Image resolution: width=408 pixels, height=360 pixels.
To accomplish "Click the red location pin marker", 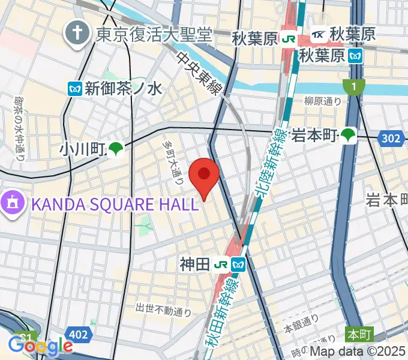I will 204,176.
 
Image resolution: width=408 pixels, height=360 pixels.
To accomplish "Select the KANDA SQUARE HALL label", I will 115,204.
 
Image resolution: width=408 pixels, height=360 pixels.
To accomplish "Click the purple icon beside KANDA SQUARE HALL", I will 12,204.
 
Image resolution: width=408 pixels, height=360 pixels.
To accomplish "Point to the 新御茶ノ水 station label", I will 124,89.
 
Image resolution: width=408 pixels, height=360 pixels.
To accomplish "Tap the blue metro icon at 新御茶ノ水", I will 75,89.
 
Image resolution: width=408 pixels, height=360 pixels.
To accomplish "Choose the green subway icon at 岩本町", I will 348,136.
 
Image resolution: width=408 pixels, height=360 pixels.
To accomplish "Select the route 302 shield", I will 390,139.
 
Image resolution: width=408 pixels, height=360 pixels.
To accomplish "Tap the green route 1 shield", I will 354,88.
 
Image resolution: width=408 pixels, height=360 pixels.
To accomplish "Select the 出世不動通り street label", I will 163,310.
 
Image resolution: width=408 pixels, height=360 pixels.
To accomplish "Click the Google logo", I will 40,346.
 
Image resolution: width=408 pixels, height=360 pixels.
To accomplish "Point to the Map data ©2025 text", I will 358,352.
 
